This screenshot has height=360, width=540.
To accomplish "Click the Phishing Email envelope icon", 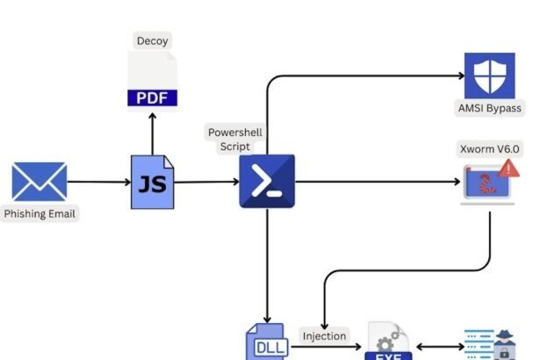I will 39,182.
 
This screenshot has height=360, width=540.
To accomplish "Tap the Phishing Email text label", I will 40,213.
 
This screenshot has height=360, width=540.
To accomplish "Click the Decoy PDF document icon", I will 152,82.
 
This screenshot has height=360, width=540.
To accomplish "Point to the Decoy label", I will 152,40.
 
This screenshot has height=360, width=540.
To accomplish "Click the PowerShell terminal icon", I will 267,181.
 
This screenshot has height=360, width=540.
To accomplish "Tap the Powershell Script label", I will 234,140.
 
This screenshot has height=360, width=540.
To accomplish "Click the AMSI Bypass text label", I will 489,109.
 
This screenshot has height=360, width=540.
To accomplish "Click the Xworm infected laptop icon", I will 487,183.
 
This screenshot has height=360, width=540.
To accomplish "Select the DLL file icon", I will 266,343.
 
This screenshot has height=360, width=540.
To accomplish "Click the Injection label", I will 324,335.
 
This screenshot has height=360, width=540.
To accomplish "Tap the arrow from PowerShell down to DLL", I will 266,263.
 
